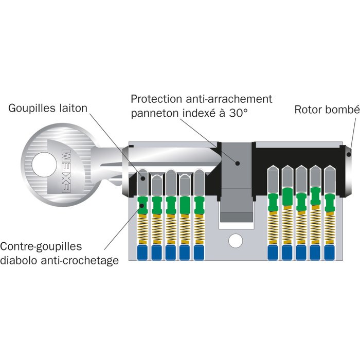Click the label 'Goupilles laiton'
(x=48, y=109)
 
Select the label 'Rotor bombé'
(x=326, y=110)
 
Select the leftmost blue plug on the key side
(x=143, y=253)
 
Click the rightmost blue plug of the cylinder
(x=329, y=253)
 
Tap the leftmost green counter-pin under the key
(x=143, y=205)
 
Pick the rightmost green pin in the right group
(x=329, y=201)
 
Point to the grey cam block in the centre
(x=236, y=165)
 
